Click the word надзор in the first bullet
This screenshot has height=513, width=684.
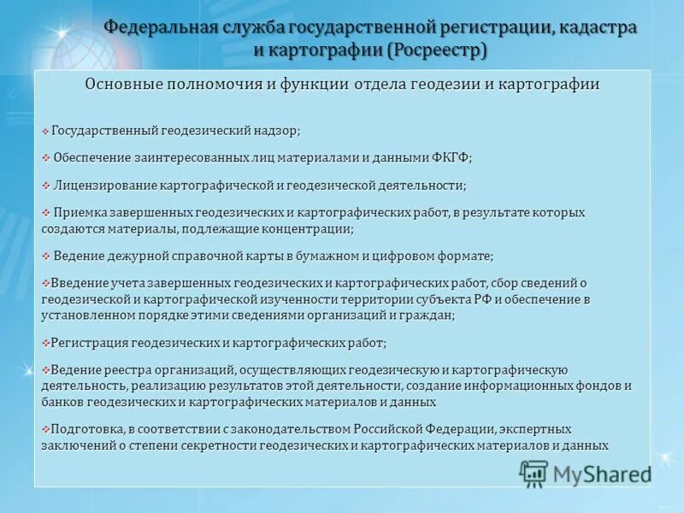point(276,131)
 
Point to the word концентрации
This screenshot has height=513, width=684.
point(310,228)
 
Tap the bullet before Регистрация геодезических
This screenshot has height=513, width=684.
point(45,343)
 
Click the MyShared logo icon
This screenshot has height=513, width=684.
point(534,473)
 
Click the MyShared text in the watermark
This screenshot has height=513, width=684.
point(602,474)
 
